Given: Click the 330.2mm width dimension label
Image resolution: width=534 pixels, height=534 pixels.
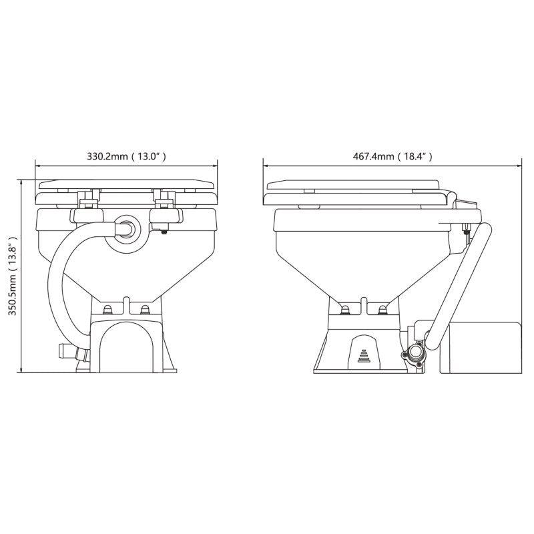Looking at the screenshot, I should tap(126, 157).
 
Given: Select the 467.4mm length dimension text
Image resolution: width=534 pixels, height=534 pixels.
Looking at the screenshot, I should tap(392, 157).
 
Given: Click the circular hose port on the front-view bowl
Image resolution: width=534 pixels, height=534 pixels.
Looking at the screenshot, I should tap(127, 229).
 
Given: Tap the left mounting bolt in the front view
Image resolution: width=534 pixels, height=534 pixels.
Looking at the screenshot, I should tap(109, 309).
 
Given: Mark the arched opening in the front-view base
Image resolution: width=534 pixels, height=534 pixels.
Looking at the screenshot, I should tap(128, 347).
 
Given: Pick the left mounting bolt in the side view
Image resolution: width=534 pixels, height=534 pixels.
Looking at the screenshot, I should tap(345, 309).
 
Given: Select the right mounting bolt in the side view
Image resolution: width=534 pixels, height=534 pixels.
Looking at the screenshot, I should tap(382, 309).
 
